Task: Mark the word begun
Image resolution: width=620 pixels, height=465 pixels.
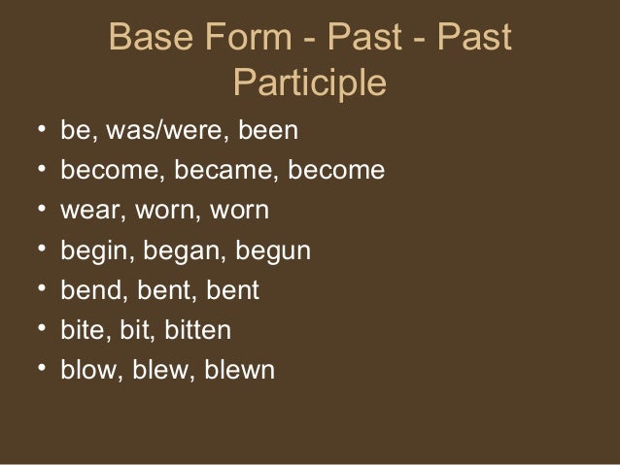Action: pyautogui.click(x=261, y=252)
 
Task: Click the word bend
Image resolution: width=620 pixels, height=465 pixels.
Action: pyautogui.click(x=88, y=291)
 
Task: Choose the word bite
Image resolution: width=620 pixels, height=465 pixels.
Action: pyautogui.click(x=83, y=331)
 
